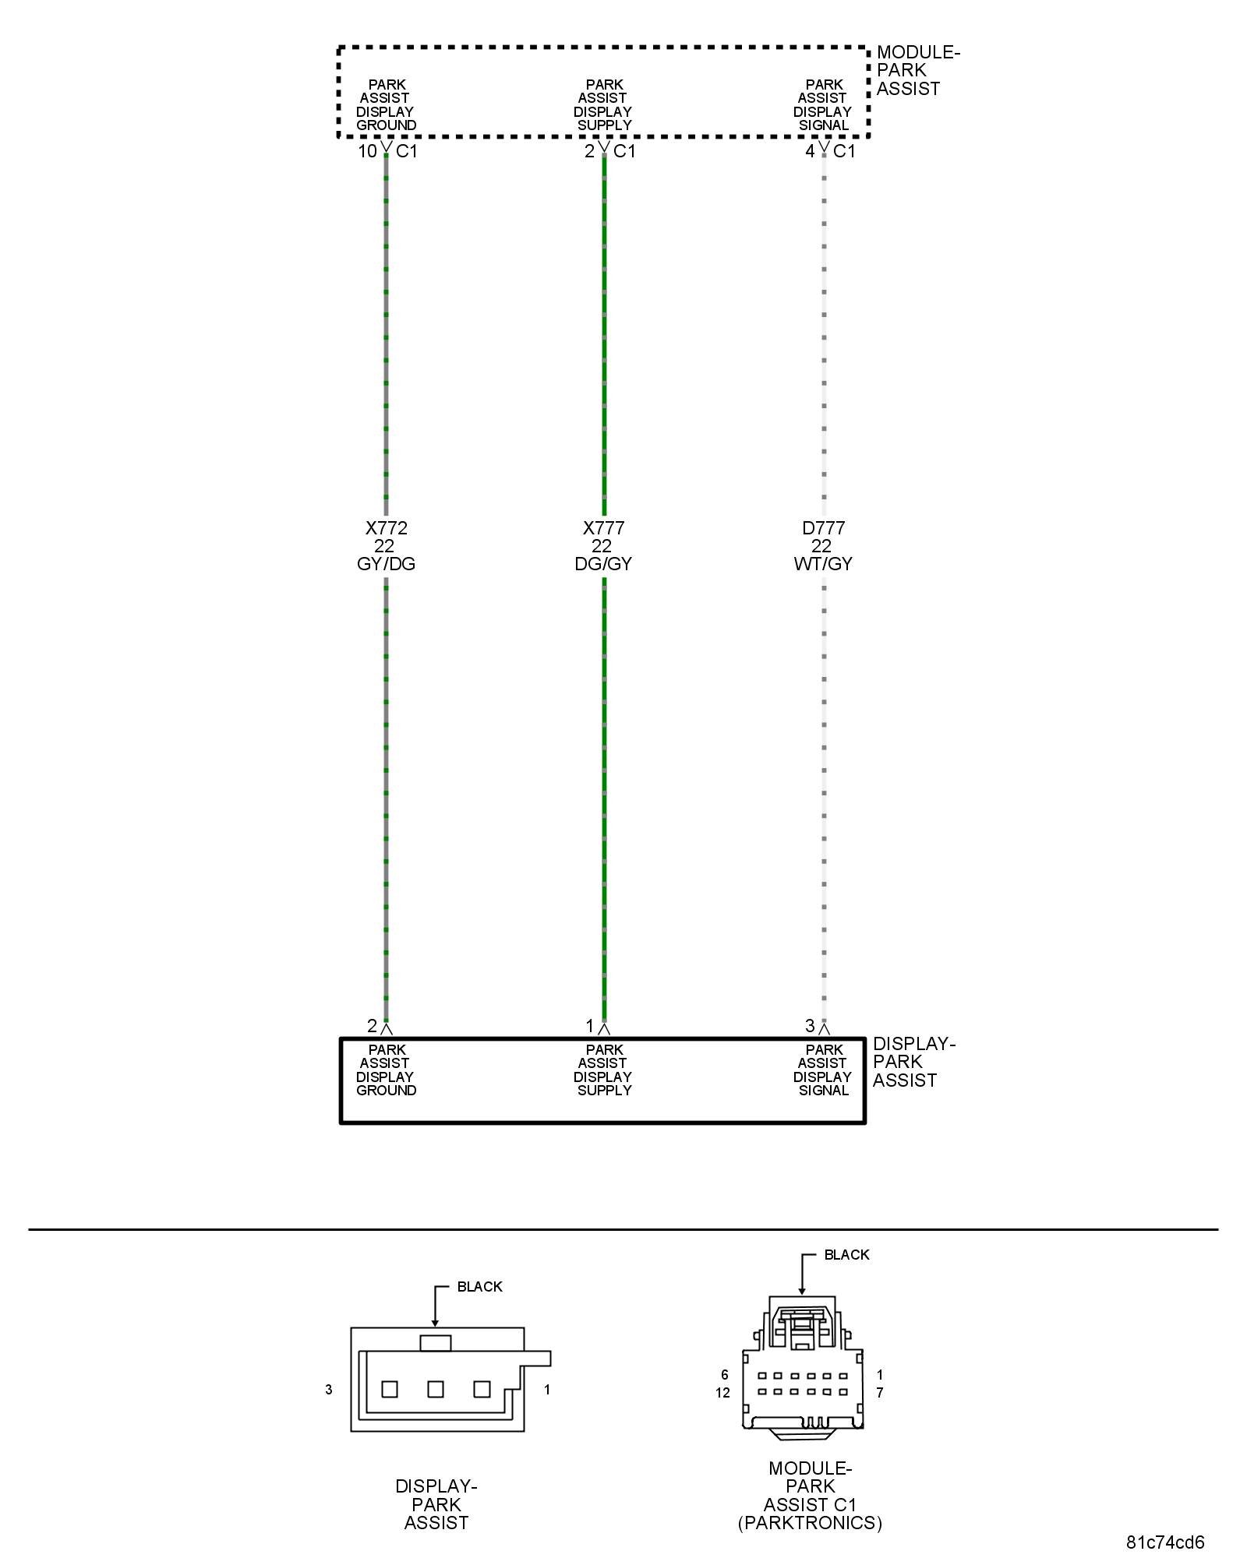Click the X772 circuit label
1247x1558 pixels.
(x=387, y=528)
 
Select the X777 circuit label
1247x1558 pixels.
(x=604, y=528)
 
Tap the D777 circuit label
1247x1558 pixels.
(x=824, y=528)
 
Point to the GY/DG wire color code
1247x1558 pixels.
(x=387, y=564)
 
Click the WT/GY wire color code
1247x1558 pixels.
(x=824, y=564)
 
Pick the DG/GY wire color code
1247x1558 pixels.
(x=604, y=564)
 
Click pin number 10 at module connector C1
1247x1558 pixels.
(x=367, y=151)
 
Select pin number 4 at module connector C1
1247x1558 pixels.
(x=810, y=151)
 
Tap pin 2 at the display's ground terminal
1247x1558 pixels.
(x=372, y=1026)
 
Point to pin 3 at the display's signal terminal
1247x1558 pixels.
(x=810, y=1026)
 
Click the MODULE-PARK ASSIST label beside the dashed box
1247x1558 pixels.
(x=917, y=70)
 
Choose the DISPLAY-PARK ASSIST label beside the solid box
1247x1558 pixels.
(x=913, y=1062)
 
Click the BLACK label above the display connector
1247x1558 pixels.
(x=479, y=1287)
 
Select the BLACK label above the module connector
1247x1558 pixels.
(x=846, y=1255)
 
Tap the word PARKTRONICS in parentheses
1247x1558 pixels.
(x=811, y=1523)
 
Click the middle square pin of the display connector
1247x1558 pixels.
(x=436, y=1389)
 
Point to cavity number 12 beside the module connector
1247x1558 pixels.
(x=722, y=1393)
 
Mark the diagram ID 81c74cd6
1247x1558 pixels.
(x=1165, y=1542)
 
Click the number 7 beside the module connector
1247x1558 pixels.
(x=880, y=1393)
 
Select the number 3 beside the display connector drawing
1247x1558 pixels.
(x=329, y=1390)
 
